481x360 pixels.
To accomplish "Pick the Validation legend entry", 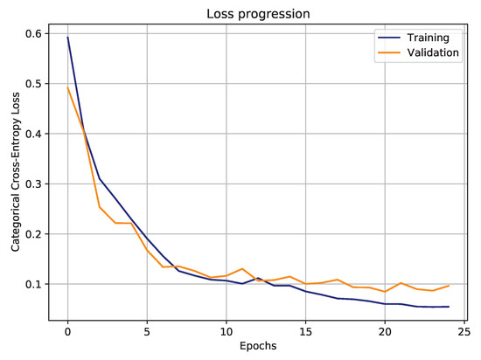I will [427, 53].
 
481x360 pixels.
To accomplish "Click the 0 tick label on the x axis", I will [67, 332].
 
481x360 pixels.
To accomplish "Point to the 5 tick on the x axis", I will [147, 332].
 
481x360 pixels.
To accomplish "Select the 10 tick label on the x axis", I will [227, 332].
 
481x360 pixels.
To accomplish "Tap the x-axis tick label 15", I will [306, 332].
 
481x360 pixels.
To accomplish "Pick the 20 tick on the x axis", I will [385, 332].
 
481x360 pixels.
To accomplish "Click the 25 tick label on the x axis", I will [464, 332].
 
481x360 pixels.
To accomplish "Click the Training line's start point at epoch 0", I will [67, 37].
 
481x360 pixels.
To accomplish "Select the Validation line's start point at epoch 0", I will [67, 87].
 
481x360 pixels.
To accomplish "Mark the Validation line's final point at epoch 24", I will [449, 286].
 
